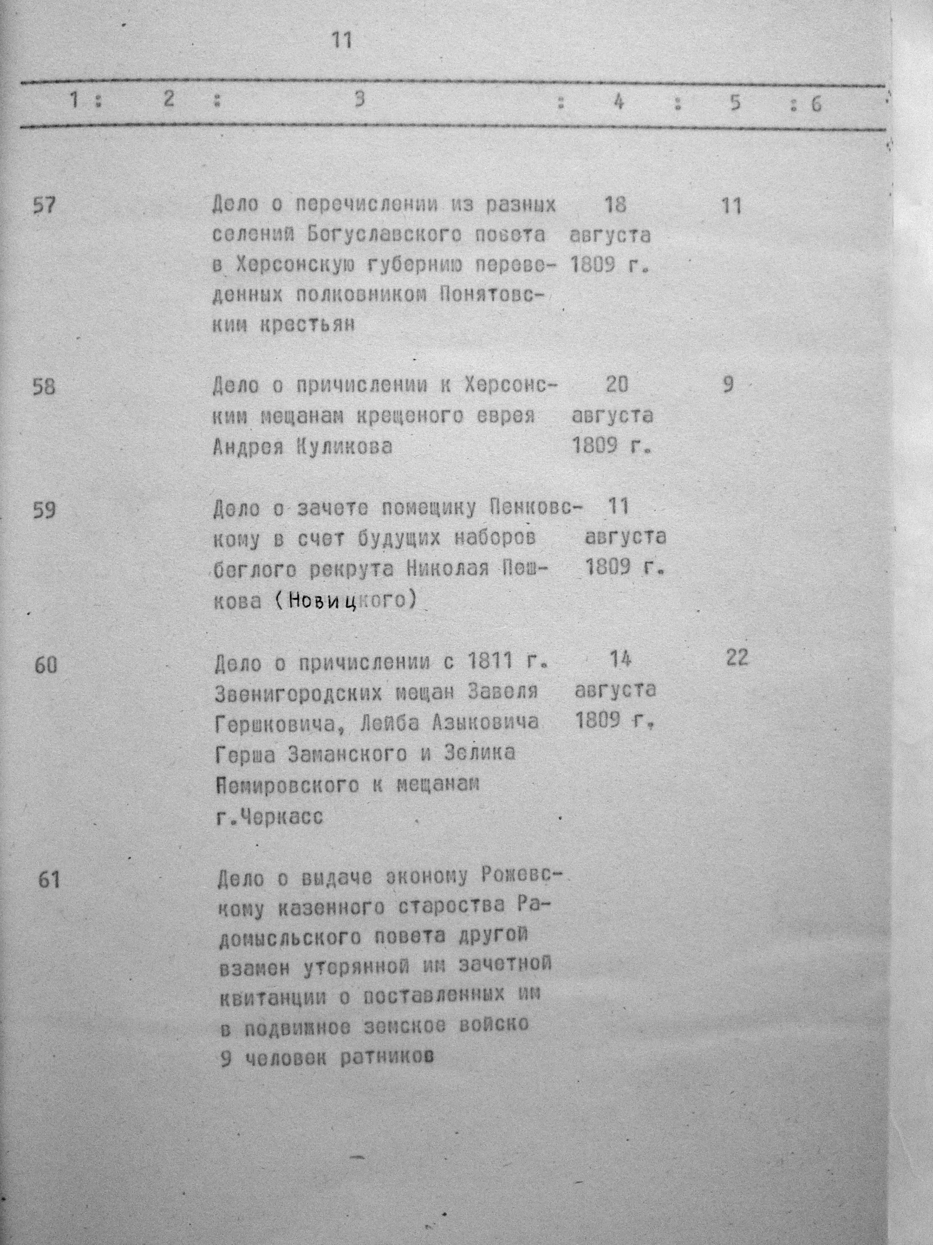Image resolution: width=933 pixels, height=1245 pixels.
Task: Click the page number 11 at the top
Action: tap(342, 40)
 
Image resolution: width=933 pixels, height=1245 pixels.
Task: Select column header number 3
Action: tap(360, 99)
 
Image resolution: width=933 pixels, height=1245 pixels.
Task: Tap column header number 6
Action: tap(815, 105)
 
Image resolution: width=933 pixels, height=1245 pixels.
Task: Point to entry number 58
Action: tap(45, 387)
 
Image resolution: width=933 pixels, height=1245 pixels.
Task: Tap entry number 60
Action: tap(46, 666)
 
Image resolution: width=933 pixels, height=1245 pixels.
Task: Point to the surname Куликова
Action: tap(343, 447)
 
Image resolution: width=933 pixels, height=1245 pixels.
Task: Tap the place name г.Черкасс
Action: tap(269, 817)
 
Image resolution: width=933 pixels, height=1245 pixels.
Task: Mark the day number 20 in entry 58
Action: tap(617, 385)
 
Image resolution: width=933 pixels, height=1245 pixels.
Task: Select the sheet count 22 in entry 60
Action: tap(737, 658)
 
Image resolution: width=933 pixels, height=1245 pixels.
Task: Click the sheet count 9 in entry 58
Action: tap(728, 385)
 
